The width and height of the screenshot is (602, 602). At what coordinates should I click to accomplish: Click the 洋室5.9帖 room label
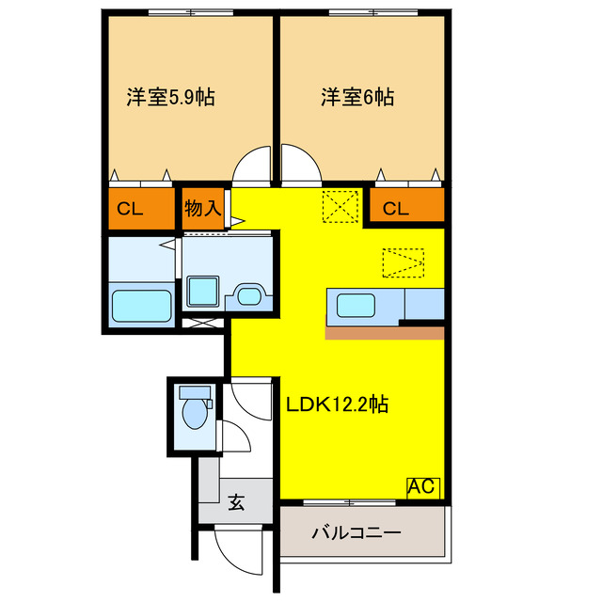point(169,97)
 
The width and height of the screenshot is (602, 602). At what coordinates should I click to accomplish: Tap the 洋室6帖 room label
point(357,97)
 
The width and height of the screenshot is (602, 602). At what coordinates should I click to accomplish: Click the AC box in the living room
point(422,487)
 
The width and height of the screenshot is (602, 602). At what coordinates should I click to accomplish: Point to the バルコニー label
point(356,533)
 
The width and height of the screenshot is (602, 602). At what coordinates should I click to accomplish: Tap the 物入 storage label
point(202,208)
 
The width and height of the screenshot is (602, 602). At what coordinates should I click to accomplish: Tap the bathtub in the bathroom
point(141,307)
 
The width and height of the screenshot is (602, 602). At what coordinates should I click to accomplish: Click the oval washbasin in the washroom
point(249,295)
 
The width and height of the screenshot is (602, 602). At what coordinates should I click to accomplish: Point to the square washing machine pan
point(202,292)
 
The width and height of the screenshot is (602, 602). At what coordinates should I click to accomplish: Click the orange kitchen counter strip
point(384,332)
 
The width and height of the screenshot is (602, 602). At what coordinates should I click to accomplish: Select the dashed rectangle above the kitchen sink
point(403,262)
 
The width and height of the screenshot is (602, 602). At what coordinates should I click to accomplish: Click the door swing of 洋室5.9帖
point(252,166)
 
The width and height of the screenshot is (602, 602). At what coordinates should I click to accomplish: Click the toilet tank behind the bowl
point(195,391)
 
